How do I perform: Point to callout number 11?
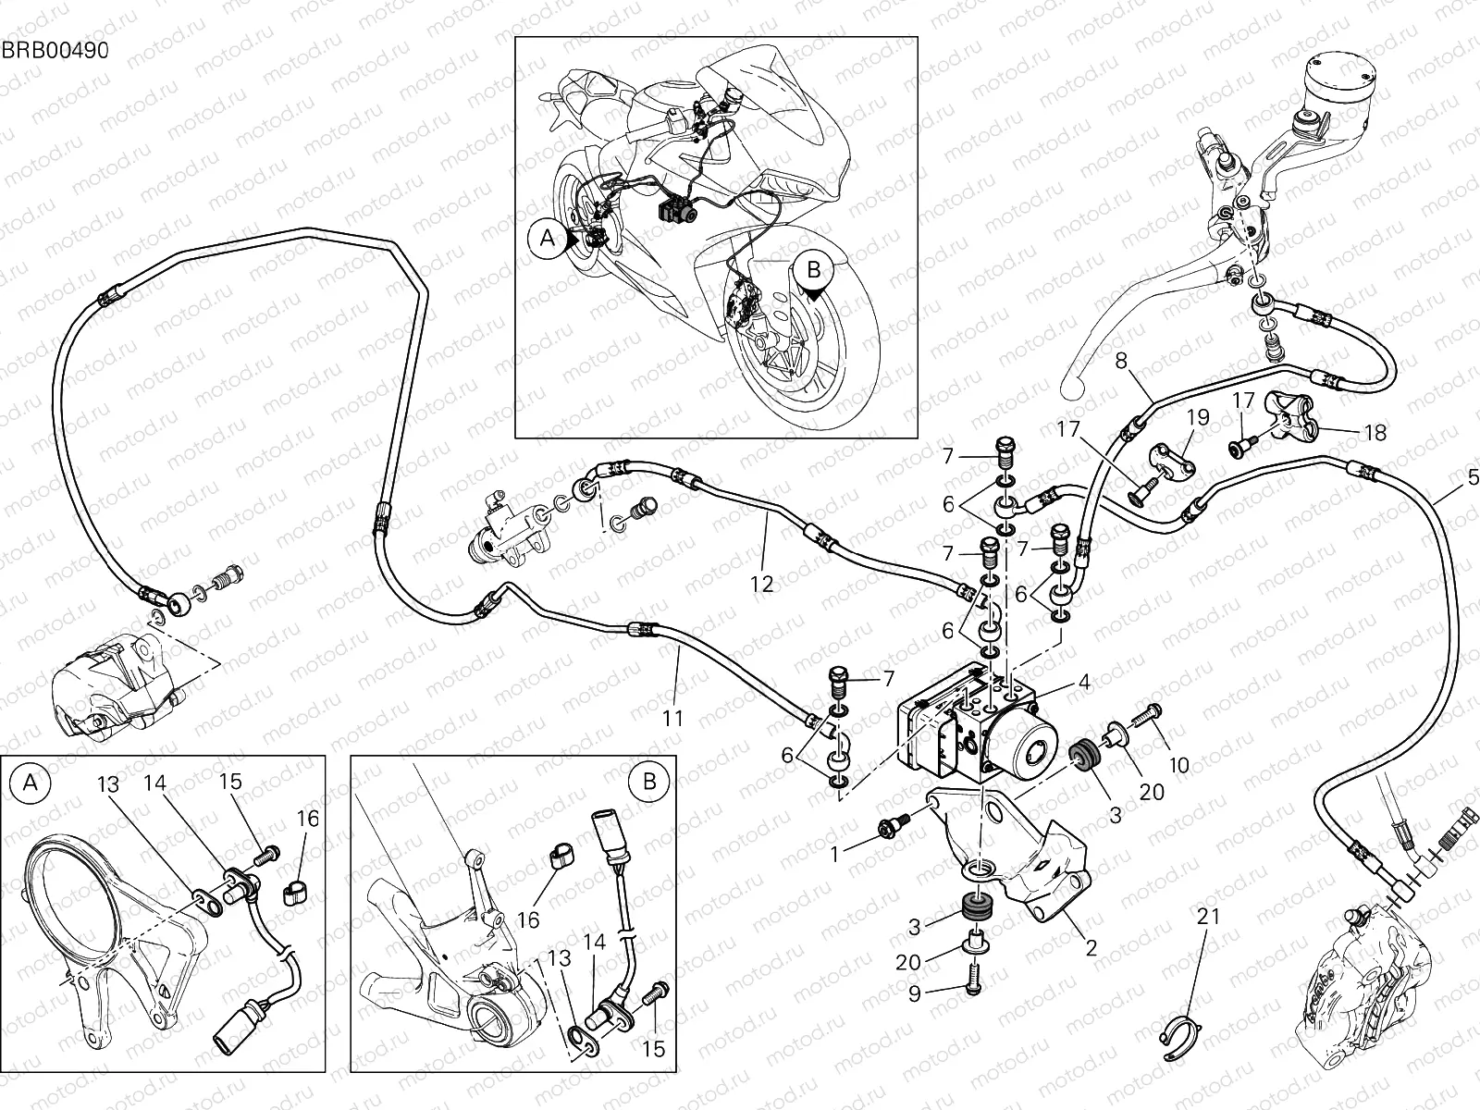point(672,717)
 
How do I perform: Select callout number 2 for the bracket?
point(1091,947)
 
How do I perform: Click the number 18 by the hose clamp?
point(1375,432)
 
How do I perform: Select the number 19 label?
point(1198,417)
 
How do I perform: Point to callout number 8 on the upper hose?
point(1122,362)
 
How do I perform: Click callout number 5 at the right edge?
point(1473,479)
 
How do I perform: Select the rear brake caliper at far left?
point(116,683)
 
